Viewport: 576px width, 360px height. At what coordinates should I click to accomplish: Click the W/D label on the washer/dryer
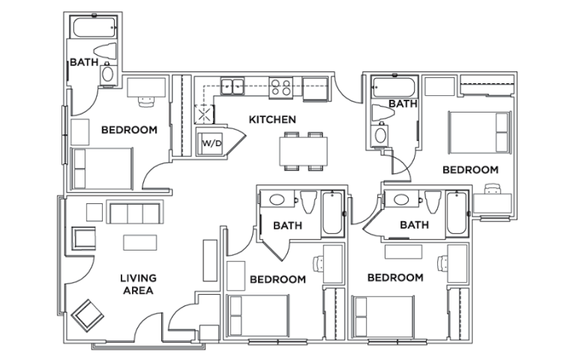click(212, 143)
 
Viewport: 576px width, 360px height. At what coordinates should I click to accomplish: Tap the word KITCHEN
click(272, 119)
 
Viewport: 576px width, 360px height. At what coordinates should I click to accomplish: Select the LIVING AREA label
click(138, 284)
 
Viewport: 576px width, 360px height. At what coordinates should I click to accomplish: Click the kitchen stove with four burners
click(281, 87)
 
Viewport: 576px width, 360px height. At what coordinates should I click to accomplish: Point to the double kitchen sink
click(232, 87)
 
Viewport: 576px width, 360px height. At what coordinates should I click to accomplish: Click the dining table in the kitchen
click(303, 151)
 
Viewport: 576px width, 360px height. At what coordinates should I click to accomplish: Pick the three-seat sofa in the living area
click(135, 212)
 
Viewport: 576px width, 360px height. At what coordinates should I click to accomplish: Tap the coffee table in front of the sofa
click(140, 243)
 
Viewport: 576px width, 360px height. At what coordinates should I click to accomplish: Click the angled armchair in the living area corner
click(87, 315)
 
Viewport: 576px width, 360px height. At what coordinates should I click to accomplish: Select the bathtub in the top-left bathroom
click(94, 27)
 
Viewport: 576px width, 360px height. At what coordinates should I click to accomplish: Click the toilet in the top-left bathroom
click(105, 51)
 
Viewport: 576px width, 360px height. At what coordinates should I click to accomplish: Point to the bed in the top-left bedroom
click(102, 169)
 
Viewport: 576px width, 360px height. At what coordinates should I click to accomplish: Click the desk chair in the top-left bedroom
click(146, 101)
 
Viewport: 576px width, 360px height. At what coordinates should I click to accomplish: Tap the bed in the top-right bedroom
click(479, 133)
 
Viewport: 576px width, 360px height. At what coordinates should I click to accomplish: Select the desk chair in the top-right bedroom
click(493, 189)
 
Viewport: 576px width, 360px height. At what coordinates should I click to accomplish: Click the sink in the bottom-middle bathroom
click(277, 199)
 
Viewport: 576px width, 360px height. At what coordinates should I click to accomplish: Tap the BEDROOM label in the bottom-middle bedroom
click(278, 279)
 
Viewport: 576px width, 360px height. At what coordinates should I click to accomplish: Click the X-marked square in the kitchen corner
click(204, 114)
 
